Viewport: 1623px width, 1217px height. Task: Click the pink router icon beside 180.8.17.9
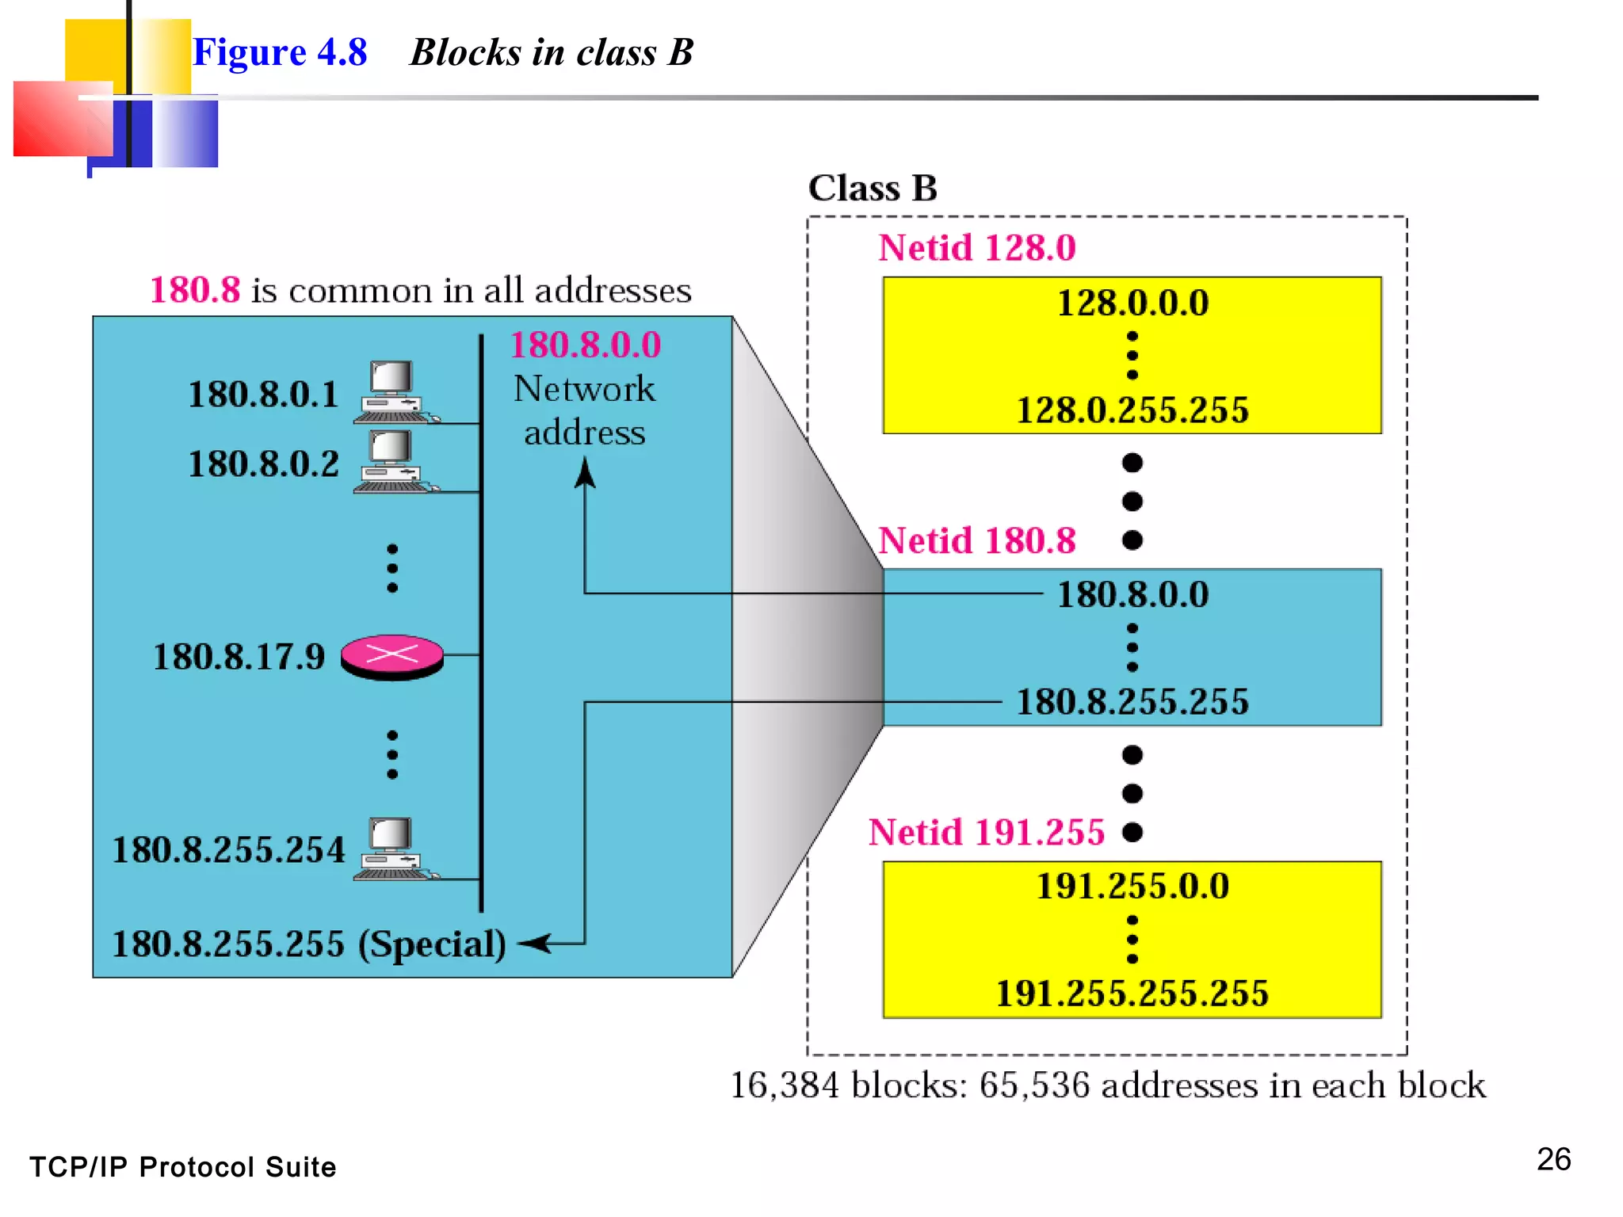[391, 656]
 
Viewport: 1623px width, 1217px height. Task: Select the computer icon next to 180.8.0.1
[394, 391]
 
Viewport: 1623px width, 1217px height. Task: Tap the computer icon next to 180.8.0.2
[394, 461]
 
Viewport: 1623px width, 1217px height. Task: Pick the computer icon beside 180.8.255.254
[394, 849]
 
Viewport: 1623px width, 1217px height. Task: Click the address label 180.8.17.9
[239, 657]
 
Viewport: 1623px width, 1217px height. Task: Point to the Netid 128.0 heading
[976, 248]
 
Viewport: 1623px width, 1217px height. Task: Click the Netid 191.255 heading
[986, 833]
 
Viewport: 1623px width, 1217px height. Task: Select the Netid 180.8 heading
[976, 541]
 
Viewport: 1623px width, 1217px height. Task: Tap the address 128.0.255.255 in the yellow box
[1132, 410]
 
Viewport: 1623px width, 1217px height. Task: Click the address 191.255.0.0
[1132, 886]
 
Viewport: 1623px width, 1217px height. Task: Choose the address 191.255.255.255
[1132, 994]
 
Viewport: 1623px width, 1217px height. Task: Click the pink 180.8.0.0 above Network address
[585, 345]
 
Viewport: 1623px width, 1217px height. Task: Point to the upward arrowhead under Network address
[585, 473]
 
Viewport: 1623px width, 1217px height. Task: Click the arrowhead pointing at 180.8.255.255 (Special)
[533, 944]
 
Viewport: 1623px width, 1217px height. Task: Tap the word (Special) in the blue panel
[432, 944]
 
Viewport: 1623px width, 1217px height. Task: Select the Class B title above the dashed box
[872, 189]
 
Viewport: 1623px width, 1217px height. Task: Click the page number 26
[1553, 1159]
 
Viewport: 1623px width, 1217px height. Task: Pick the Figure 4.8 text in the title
[280, 53]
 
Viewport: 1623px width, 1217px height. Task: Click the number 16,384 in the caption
[784, 1085]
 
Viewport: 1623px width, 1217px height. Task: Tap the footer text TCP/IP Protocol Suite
[182, 1167]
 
